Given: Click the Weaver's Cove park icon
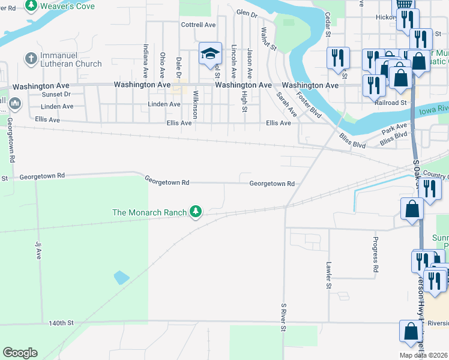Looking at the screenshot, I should [31, 6].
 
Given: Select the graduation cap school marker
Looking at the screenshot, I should [210, 54].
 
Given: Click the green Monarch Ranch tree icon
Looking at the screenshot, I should [195, 211].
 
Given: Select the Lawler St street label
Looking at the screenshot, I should [328, 275].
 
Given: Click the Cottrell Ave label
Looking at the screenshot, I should [198, 25].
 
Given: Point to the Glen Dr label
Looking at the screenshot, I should [247, 12].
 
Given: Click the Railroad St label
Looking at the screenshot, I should [390, 103].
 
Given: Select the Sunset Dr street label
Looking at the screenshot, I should [56, 94].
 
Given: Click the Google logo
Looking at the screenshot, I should [20, 353].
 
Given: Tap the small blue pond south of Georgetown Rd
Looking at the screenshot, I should [121, 277].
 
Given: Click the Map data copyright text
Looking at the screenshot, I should [423, 355].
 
